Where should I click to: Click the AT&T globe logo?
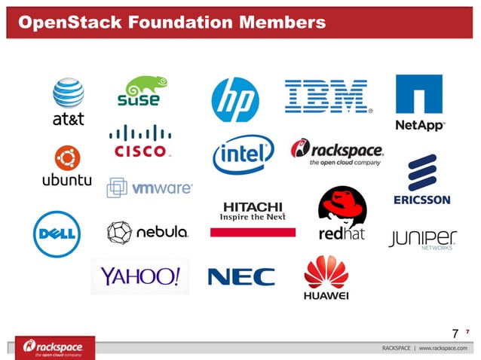pos(68,94)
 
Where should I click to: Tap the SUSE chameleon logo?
pos(139,91)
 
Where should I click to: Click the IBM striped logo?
pos(326,97)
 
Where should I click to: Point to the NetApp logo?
pos(420,102)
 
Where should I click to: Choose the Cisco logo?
pos(139,142)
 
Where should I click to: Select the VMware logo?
pos(149,188)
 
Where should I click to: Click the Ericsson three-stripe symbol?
pos(421,173)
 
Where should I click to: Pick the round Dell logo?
pos(57,234)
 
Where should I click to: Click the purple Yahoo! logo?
pos(140,276)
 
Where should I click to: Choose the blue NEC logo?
pos(241,276)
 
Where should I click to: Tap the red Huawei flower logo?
pos(326,272)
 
